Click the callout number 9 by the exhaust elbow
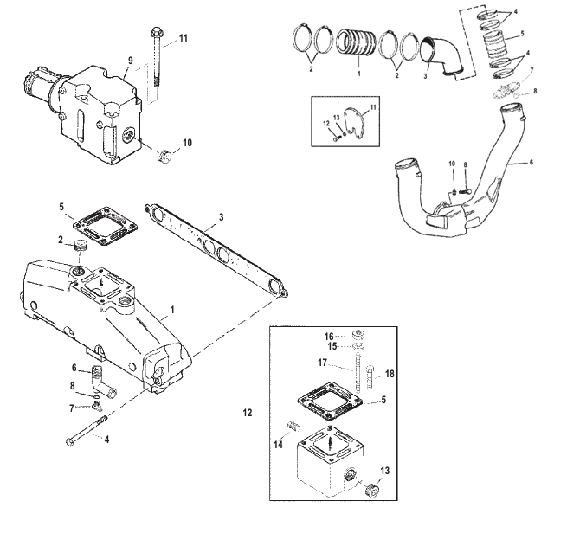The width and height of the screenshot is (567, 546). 131,61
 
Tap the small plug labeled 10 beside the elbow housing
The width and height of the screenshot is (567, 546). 168,157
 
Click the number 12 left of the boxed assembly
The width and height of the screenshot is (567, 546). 249,414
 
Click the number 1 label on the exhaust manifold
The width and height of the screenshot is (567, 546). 172,309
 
